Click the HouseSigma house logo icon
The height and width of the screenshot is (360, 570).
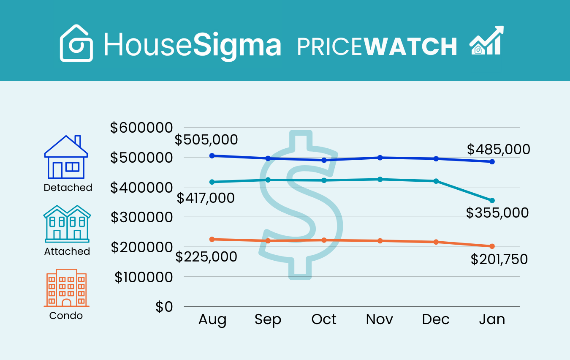(x=76, y=44)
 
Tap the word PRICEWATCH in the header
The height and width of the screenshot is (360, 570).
(x=377, y=46)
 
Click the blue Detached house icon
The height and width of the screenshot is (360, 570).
(x=66, y=157)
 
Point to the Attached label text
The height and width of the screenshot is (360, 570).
(x=67, y=251)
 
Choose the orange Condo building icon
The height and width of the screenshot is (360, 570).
(x=66, y=288)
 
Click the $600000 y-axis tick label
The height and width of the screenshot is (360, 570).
(x=141, y=128)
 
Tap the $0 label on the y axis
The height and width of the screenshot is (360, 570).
(x=164, y=307)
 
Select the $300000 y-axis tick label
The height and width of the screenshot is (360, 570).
(x=141, y=217)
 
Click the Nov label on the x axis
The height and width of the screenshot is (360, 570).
(x=380, y=319)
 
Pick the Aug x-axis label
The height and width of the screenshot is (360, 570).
(x=212, y=319)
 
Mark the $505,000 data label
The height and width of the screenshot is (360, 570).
(x=206, y=139)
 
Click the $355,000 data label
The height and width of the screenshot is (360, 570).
(x=497, y=213)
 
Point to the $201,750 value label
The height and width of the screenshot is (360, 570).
(x=499, y=259)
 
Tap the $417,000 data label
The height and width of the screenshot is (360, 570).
(x=206, y=198)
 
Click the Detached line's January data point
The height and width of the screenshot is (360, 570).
(x=492, y=162)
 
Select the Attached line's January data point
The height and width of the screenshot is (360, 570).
(x=492, y=200)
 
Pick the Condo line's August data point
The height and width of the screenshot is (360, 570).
(x=212, y=239)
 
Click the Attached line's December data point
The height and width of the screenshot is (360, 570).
(x=436, y=181)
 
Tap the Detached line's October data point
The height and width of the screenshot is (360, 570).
(x=324, y=160)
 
